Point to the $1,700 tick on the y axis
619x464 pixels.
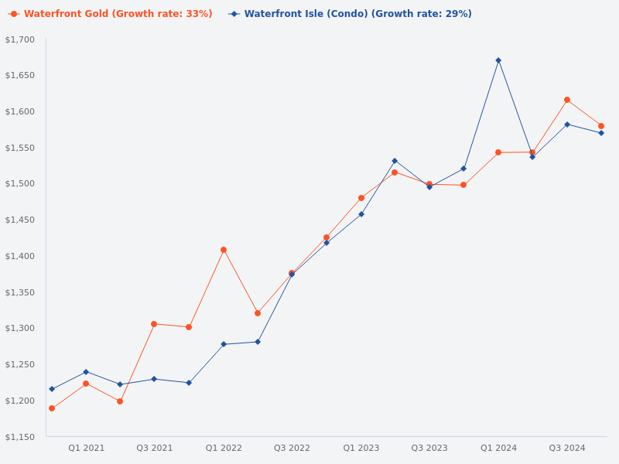click(x=20, y=39)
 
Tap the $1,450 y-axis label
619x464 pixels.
click(x=20, y=220)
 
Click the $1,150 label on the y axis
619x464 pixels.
click(x=20, y=437)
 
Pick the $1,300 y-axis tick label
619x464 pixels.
click(x=20, y=329)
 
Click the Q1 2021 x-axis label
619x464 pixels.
click(x=86, y=448)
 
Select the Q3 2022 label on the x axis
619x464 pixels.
click(x=292, y=448)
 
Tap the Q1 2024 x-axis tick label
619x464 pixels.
click(x=498, y=448)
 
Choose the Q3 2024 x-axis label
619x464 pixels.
click(x=567, y=448)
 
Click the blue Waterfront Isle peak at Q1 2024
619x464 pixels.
click(x=498, y=60)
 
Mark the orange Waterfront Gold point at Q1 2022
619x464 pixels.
click(x=224, y=250)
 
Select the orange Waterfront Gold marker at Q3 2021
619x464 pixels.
click(x=154, y=324)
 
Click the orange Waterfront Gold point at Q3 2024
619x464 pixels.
click(x=567, y=100)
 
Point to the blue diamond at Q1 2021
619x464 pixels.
click(x=86, y=372)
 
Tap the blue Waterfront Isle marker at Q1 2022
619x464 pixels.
click(x=224, y=344)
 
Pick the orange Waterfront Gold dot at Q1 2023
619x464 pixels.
click(x=361, y=198)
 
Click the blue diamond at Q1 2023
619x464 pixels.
click(x=361, y=214)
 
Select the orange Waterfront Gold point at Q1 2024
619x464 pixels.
click(x=498, y=152)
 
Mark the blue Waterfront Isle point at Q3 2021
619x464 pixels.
click(x=154, y=379)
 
